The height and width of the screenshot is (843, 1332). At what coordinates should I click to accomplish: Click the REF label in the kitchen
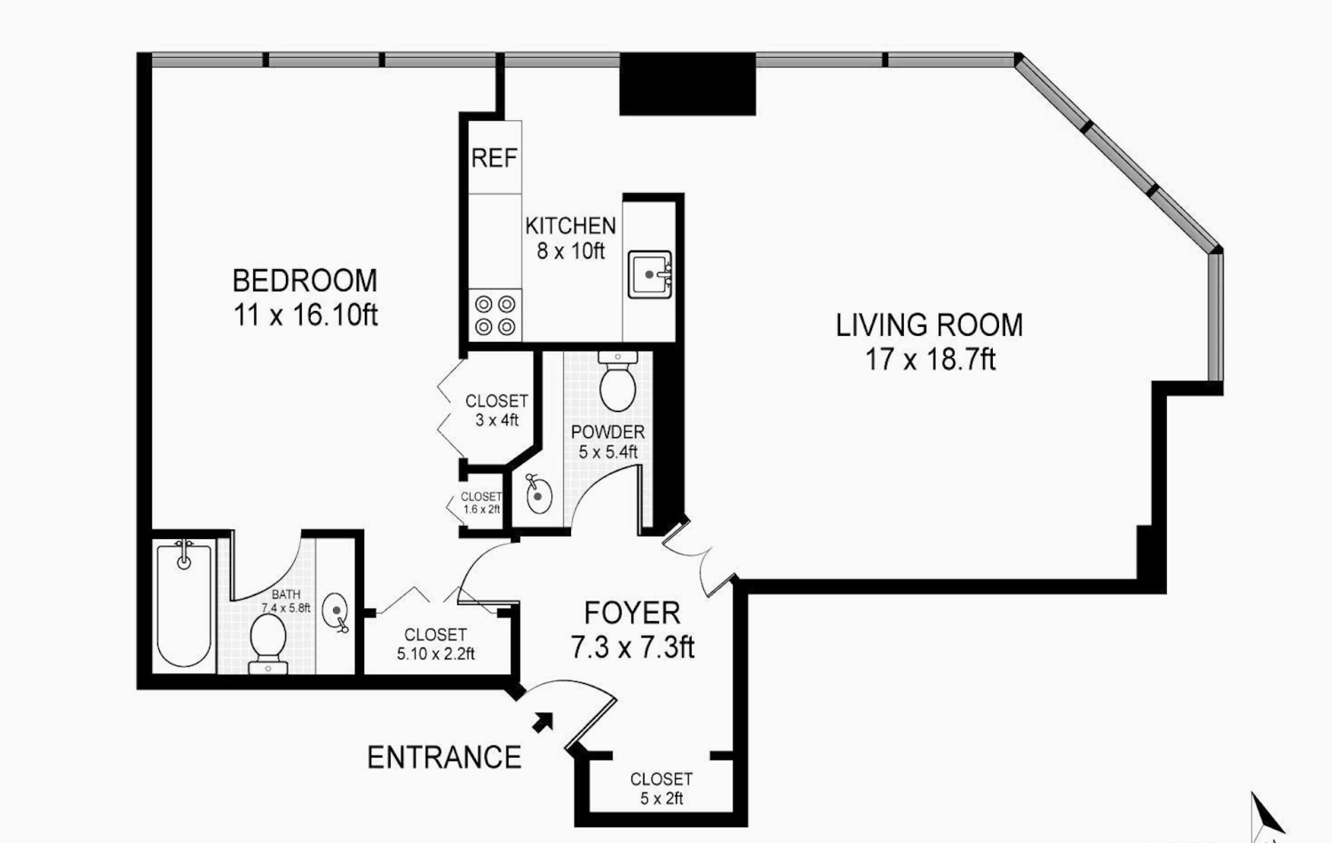(x=494, y=158)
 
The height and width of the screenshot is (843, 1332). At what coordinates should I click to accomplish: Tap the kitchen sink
(x=650, y=274)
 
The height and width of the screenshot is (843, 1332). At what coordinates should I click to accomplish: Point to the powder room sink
(x=538, y=495)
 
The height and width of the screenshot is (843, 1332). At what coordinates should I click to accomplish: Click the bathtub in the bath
(x=184, y=605)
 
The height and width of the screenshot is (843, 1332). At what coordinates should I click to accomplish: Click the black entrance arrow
(x=543, y=721)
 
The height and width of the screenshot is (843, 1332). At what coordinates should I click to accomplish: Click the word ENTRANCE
(x=444, y=758)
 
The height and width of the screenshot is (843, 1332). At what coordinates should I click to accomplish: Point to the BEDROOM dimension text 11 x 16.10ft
(x=305, y=315)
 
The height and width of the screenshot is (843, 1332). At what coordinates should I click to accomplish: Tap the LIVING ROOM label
(x=929, y=325)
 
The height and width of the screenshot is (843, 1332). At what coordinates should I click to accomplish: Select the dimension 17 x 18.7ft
(x=930, y=360)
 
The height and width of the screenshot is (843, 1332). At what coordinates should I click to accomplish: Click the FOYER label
(x=632, y=613)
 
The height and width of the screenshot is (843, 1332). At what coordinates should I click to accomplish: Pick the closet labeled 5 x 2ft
(x=661, y=788)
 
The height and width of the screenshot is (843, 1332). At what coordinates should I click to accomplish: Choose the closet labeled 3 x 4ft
(x=496, y=410)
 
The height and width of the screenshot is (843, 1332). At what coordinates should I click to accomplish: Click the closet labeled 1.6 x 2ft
(x=481, y=504)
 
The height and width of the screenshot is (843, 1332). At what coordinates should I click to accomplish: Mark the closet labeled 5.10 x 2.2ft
(x=435, y=644)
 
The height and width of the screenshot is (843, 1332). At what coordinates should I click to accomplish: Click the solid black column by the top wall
(x=686, y=84)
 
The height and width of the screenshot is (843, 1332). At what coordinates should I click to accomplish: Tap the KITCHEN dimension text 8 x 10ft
(x=570, y=251)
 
